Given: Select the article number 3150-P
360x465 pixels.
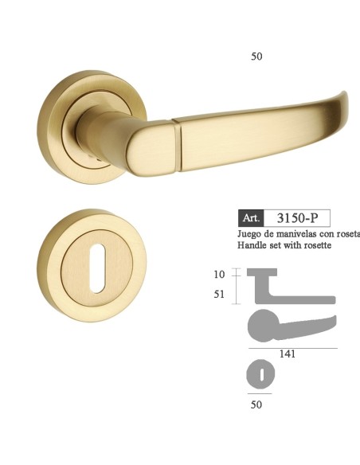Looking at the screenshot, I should tap(299, 217).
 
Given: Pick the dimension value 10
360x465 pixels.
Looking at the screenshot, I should tap(220, 274).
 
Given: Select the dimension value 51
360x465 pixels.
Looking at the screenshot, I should tap(220, 294).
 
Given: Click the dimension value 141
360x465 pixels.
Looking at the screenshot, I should tap(288, 354).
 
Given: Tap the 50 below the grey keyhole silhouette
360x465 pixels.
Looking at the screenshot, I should tap(256, 404).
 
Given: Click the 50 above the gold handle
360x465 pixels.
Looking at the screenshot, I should tap(256, 57).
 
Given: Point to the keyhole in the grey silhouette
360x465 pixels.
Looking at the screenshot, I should tap(260, 373).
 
